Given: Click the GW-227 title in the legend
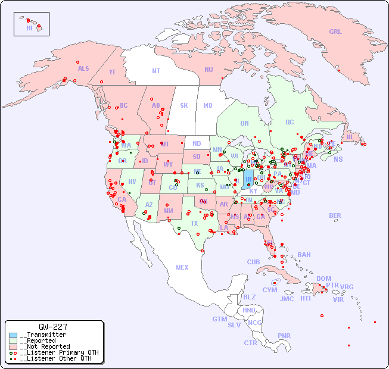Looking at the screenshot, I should point(53,327).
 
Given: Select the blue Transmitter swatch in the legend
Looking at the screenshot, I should point(13,335).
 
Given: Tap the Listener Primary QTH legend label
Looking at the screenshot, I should point(58,352).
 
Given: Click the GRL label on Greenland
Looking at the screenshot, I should point(335,32).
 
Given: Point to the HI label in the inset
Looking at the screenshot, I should point(29,28).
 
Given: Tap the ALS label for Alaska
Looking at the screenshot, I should point(83,68).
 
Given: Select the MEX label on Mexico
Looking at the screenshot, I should point(182,267).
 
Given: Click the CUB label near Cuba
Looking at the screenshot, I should point(253,262).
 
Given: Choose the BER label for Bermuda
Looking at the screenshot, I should point(335,215).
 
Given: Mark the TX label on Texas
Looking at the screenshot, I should point(194,223).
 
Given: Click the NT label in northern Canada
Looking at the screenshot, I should point(156,71).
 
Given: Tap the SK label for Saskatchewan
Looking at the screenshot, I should point(184,105).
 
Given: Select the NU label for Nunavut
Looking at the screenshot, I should point(208,70).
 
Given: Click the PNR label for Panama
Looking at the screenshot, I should point(284,336).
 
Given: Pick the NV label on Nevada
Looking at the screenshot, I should point(132,182).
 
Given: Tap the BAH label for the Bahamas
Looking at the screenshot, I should point(304,255).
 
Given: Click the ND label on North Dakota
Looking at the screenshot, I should point(197,143).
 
